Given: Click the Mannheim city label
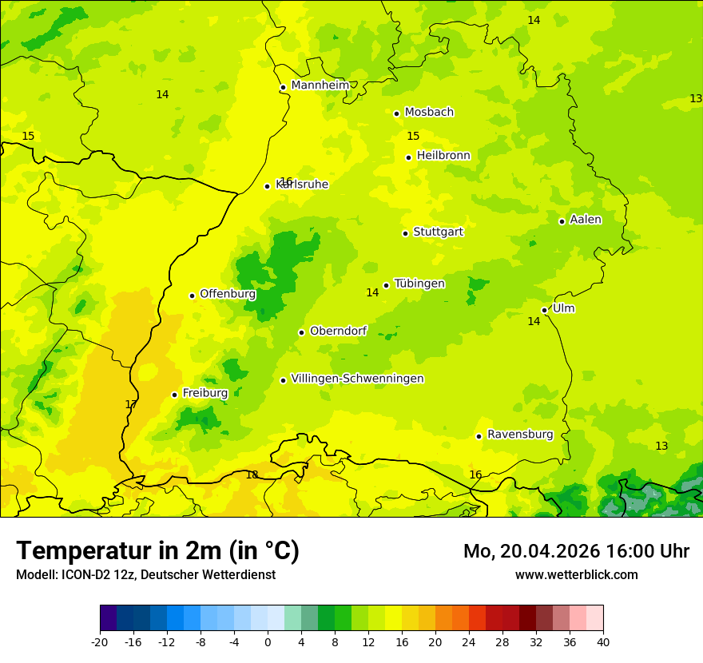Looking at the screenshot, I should click(x=320, y=85).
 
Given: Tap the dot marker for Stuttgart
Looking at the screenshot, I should click(x=405, y=233).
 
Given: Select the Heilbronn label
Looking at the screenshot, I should click(x=443, y=156).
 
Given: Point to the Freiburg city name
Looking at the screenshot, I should click(x=205, y=393).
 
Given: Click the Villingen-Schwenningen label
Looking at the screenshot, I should click(x=357, y=379).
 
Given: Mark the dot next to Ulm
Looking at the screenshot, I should click(x=544, y=310).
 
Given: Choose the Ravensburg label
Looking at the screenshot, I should click(x=520, y=435).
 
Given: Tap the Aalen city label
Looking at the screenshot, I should click(x=586, y=220).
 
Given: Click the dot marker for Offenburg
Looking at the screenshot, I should click(x=192, y=296).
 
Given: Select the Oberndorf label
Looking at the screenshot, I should click(x=338, y=331).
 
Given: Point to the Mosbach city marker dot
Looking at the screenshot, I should click(x=396, y=113).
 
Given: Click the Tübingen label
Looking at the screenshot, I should click(x=419, y=284).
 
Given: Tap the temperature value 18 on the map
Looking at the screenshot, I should click(x=252, y=475).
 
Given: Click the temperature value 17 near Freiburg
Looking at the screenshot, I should click(x=131, y=404).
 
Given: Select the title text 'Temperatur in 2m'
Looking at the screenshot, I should click(x=120, y=551).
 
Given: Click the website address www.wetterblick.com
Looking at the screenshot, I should click(x=576, y=575).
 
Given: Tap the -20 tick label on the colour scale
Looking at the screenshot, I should click(x=100, y=642).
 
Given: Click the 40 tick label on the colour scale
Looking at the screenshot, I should click(x=602, y=642).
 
